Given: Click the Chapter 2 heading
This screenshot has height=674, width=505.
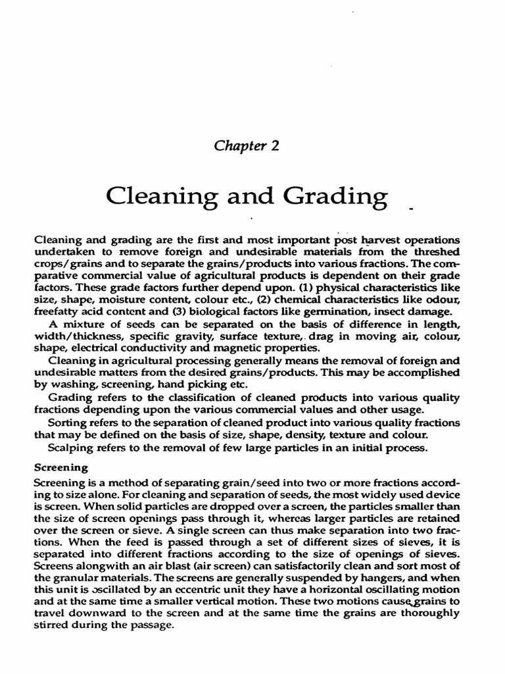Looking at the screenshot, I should point(247,146).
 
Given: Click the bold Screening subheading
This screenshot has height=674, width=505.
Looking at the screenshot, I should point(61,468).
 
